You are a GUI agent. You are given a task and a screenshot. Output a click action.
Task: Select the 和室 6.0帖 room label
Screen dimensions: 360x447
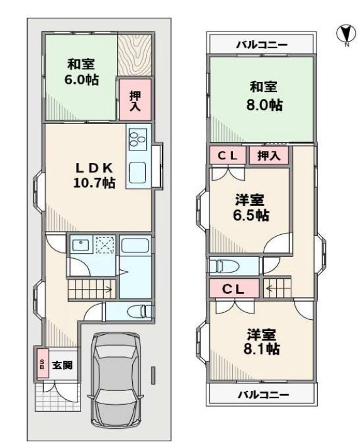point(81,72)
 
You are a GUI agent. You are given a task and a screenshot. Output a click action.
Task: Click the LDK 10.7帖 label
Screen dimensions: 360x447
point(94,176)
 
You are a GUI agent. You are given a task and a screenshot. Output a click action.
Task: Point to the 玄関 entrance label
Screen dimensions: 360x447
point(62,365)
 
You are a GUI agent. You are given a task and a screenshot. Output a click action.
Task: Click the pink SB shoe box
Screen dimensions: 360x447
point(42,363)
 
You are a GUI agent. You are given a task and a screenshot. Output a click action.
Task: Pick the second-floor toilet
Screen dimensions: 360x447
point(227,266)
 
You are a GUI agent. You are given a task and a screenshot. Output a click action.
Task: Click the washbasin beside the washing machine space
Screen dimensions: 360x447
point(81,244)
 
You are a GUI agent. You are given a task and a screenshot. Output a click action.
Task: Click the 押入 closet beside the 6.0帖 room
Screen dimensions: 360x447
point(135,99)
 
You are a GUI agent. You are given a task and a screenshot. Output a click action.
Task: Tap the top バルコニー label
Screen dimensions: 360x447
point(262,45)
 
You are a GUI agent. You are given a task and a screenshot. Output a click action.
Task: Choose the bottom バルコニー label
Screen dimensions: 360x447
point(263,395)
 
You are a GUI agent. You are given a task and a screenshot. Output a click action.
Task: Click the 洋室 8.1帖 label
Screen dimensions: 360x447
point(261,341)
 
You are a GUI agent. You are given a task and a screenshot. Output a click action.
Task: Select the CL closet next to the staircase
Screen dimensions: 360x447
point(234,288)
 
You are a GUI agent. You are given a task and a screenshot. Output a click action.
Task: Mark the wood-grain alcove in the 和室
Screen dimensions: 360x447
point(134,55)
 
